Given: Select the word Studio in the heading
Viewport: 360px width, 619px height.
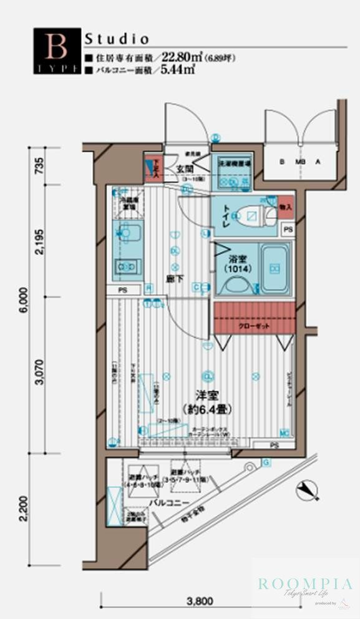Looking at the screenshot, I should click(117, 38).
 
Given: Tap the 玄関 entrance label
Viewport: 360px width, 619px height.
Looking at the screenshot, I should click(184, 168).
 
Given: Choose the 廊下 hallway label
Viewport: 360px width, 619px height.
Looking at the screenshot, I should click(176, 279).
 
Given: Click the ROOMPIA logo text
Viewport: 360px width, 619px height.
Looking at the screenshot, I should click(305, 584).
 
